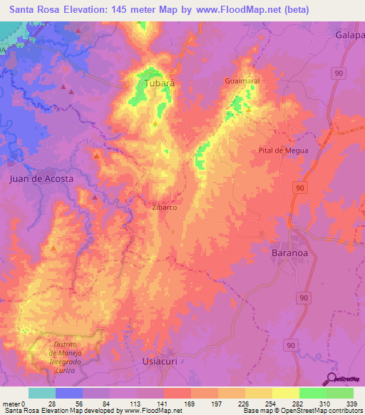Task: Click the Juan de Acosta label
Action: point(41,179)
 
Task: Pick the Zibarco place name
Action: point(164,207)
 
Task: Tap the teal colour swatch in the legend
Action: point(42,393)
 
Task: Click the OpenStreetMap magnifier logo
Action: point(331,379)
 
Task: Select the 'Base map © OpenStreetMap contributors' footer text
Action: point(300,411)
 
